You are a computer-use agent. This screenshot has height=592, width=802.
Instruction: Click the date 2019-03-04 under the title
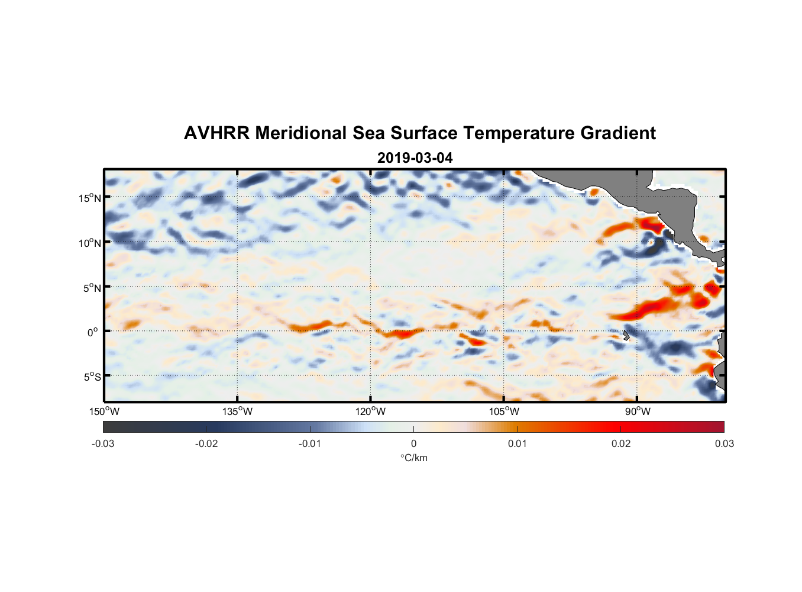pyautogui.click(x=415, y=158)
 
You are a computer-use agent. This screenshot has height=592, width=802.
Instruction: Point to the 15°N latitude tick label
pyautogui.click(x=89, y=198)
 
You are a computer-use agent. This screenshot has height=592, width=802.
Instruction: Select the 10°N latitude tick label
pyautogui.click(x=89, y=243)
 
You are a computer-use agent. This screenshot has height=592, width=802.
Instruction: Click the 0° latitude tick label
pyautogui.click(x=93, y=332)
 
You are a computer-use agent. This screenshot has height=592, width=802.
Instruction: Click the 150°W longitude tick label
pyautogui.click(x=104, y=411)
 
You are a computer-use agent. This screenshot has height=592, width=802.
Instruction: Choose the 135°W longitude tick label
pyautogui.click(x=237, y=411)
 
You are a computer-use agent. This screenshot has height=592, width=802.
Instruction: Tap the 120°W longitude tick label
pyautogui.click(x=370, y=411)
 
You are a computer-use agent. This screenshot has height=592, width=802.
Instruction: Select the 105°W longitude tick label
pyautogui.click(x=504, y=411)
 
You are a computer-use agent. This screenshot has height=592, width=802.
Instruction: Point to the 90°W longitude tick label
pyautogui.click(x=638, y=411)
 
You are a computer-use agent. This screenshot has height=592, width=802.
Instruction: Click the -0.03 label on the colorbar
pyautogui.click(x=103, y=443)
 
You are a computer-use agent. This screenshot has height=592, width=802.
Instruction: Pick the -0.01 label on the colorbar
pyautogui.click(x=310, y=443)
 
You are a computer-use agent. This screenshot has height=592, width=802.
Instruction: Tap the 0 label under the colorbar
pyautogui.click(x=413, y=443)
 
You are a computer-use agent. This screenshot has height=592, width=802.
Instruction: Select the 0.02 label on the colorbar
pyautogui.click(x=621, y=443)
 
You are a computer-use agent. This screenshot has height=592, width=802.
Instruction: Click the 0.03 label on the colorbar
pyautogui.click(x=724, y=443)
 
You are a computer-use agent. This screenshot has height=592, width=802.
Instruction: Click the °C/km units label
pyautogui.click(x=414, y=458)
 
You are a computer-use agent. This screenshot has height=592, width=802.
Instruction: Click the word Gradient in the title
pyautogui.click(x=618, y=133)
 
